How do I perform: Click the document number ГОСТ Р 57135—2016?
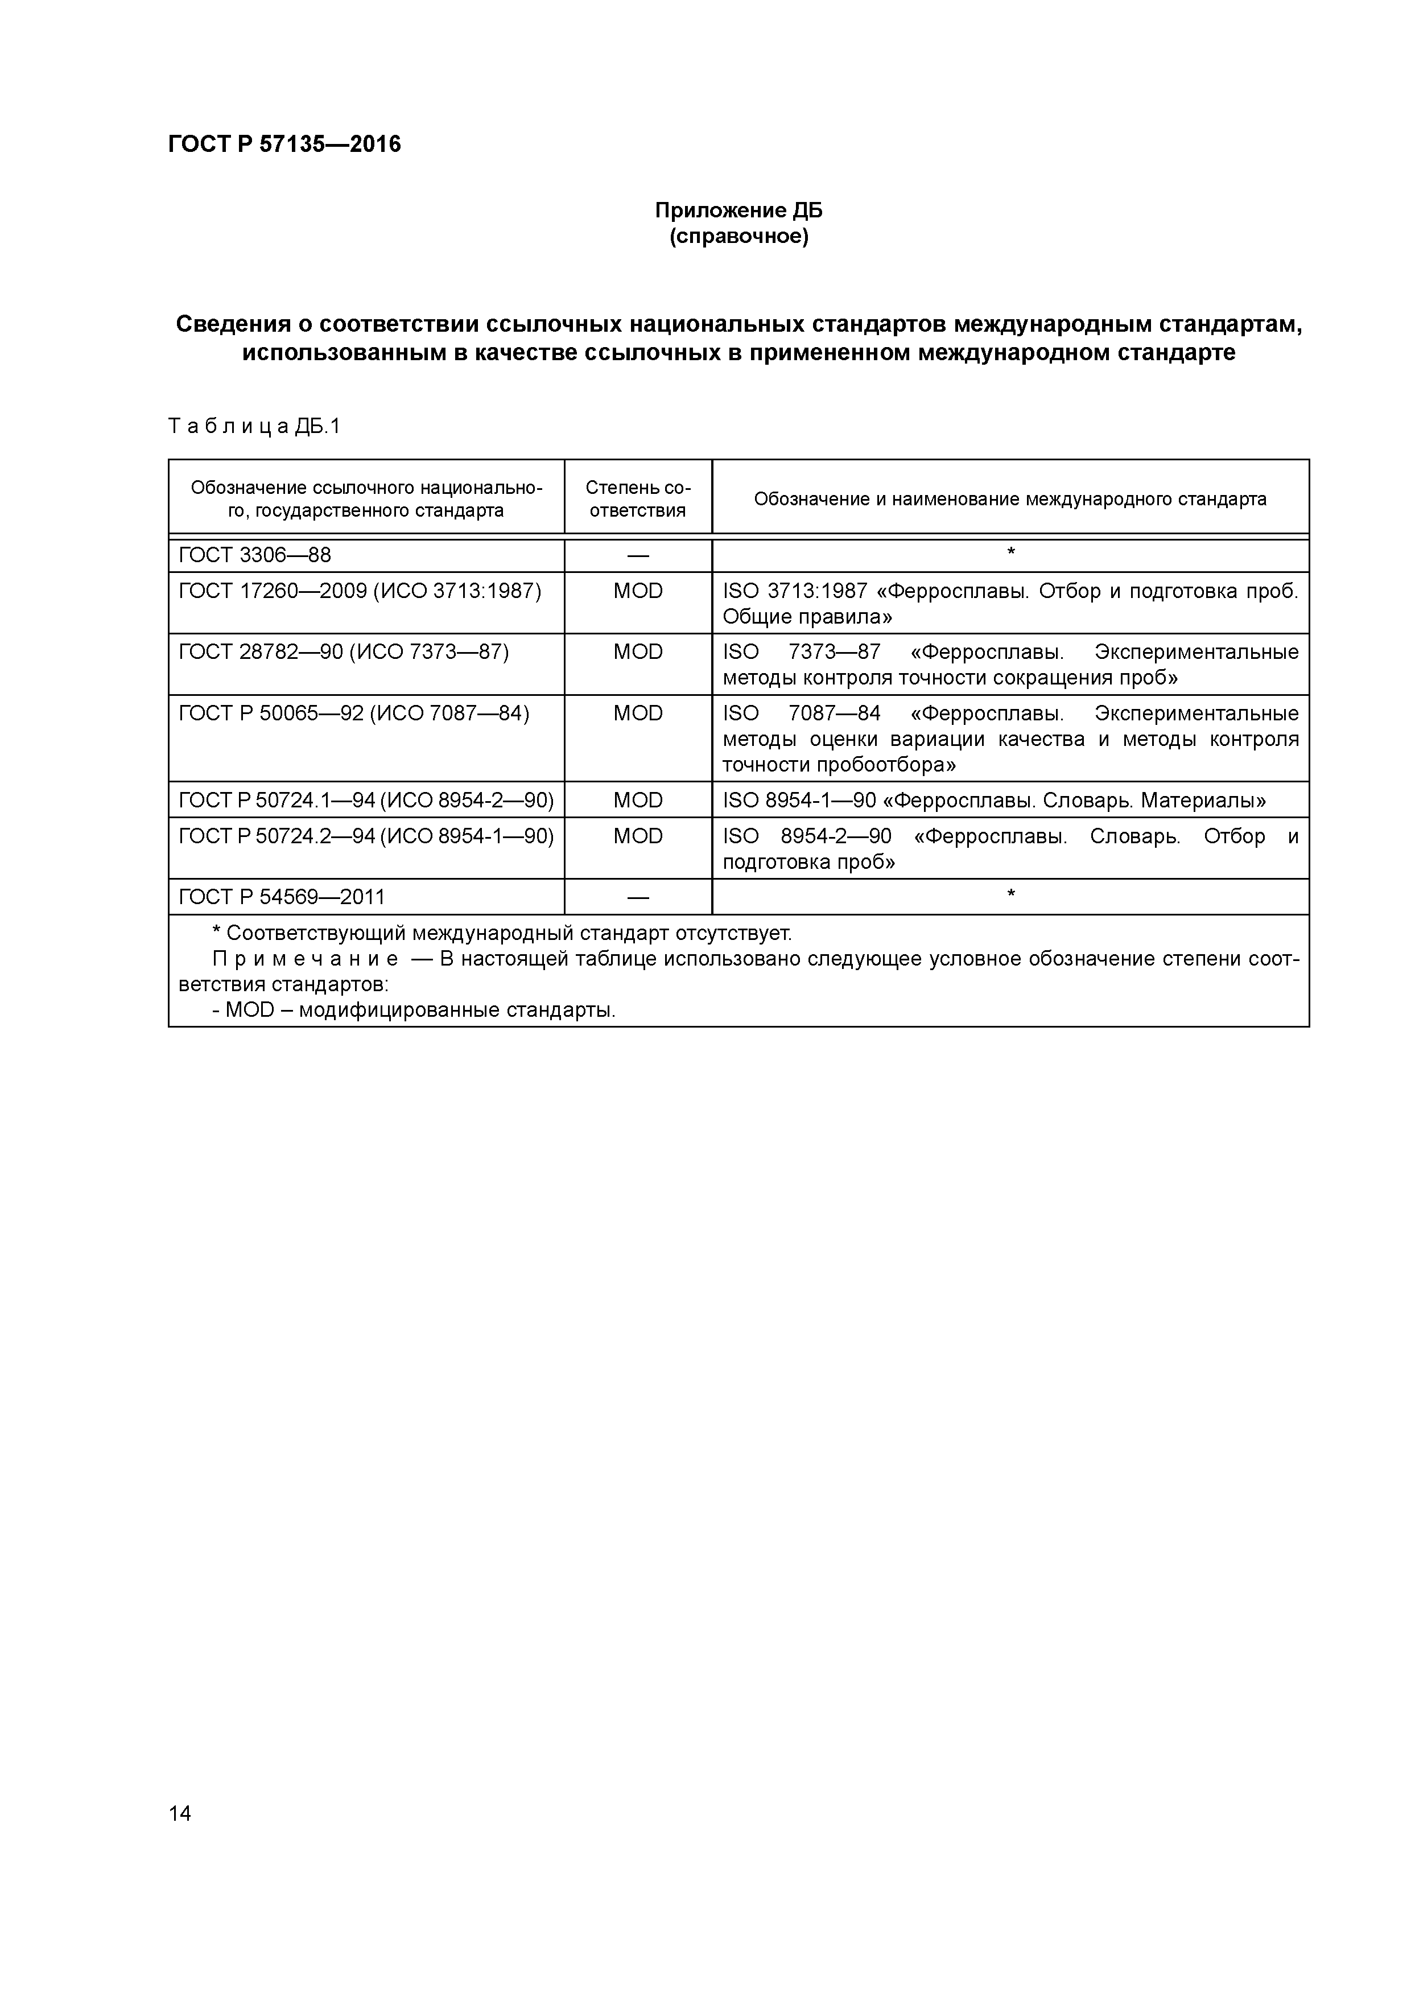pos(284,145)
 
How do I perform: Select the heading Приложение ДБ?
pos(738,211)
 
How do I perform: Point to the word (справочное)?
pos(738,237)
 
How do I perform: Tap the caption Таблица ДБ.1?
pos(254,426)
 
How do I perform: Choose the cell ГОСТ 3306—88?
pos(255,555)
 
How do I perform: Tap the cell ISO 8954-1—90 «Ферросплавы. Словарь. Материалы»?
pos(994,800)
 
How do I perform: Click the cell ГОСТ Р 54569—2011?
pos(281,896)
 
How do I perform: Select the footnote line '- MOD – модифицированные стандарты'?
pos(414,1010)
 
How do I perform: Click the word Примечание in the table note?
pos(305,959)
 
